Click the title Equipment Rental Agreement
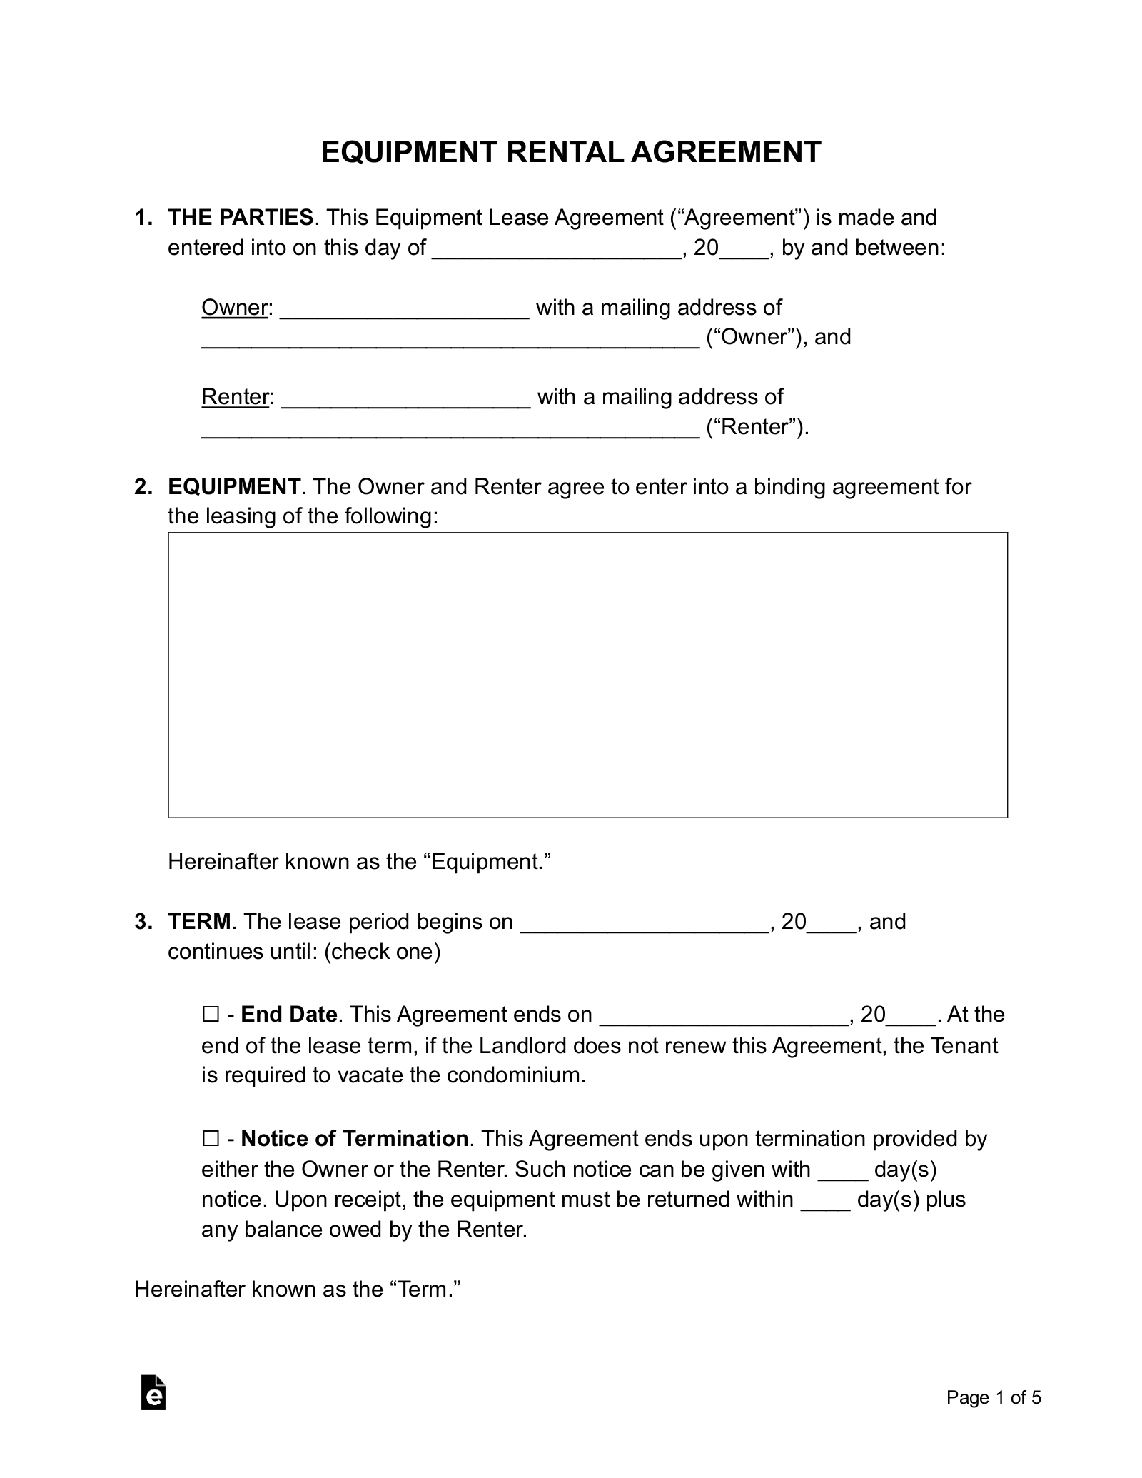tap(570, 152)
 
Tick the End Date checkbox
tap(210, 1015)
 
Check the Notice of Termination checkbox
tap(210, 1138)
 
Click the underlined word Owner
tap(234, 308)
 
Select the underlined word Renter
tap(235, 397)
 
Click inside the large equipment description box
tap(587, 675)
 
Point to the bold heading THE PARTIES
tap(241, 218)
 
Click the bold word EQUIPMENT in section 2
tap(233, 487)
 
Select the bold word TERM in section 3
tap(199, 922)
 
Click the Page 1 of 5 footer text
tap(994, 1397)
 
